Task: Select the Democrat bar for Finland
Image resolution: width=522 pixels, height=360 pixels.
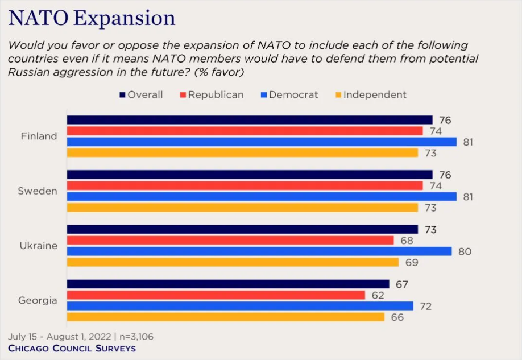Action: (x=262, y=142)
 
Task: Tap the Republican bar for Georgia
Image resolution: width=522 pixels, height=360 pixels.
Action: (x=216, y=295)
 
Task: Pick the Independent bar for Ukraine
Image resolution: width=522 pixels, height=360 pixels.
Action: (x=233, y=262)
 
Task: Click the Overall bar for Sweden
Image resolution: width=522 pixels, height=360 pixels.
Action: (x=250, y=175)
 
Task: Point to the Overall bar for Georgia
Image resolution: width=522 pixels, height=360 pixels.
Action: (x=228, y=284)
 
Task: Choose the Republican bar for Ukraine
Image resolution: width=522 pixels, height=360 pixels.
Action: (x=230, y=241)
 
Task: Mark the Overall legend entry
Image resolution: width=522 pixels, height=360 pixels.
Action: (x=140, y=94)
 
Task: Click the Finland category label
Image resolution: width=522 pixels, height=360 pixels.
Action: (x=39, y=136)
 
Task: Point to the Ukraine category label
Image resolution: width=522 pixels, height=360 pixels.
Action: (x=39, y=246)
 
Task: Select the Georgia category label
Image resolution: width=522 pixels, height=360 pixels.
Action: (x=39, y=300)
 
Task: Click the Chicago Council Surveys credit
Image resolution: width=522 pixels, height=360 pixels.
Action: (x=72, y=347)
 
